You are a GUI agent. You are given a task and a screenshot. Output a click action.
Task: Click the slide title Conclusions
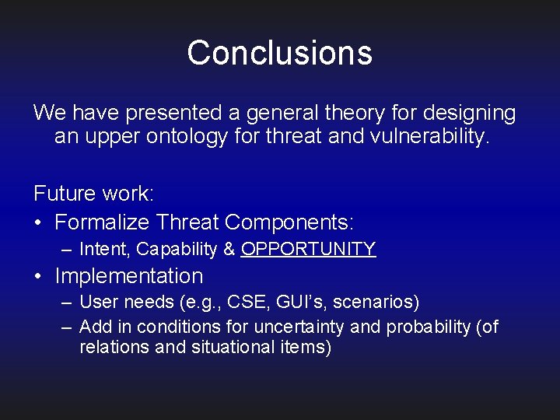coord(279,53)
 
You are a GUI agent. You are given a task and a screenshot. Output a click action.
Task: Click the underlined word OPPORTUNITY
coord(309,249)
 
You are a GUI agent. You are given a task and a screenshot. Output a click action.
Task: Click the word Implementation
coord(128,276)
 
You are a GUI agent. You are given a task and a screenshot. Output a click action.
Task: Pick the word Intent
coord(104,249)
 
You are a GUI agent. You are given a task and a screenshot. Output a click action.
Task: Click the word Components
coord(289,222)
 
